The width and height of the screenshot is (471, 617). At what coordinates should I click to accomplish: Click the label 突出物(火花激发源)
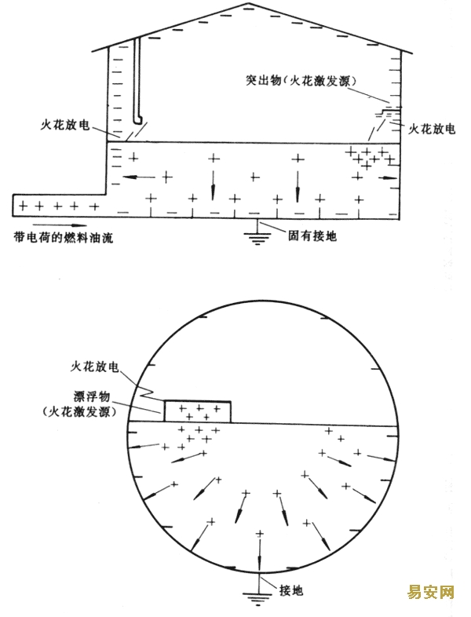coord(301,81)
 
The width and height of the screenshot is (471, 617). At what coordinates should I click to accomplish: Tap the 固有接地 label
coord(312,235)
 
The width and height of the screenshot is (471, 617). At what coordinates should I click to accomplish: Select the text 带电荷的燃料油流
coord(63,238)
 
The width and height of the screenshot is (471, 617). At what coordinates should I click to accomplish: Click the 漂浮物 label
coord(92,396)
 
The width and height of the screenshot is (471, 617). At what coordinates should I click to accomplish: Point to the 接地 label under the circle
coord(291,590)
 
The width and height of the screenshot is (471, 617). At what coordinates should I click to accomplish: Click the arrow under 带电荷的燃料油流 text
coord(60,225)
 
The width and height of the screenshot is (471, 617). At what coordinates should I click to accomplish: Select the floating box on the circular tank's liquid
coord(198,411)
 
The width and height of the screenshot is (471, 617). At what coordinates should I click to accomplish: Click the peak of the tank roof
coord(247,3)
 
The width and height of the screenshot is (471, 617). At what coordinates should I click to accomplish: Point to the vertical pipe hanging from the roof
coord(137,80)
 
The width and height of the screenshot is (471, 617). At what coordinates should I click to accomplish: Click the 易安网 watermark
coord(430,592)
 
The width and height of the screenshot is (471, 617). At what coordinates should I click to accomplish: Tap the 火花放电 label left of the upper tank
coord(65,125)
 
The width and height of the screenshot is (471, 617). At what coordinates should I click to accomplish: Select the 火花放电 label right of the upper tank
coord(432,129)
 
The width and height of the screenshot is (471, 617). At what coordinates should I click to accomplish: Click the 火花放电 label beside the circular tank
coord(94,367)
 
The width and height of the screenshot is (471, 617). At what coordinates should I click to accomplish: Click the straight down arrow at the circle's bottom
coord(259,554)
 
